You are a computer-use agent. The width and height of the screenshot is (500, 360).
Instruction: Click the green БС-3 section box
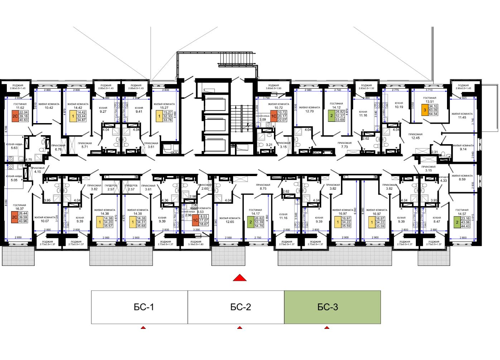(332, 307)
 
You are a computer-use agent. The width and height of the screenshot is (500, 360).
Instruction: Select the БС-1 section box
(139, 307)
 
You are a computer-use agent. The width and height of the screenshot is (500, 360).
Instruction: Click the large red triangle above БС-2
(240, 278)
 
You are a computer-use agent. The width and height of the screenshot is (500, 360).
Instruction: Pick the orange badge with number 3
(424, 110)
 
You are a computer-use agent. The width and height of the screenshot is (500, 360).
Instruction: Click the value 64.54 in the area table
(433, 114)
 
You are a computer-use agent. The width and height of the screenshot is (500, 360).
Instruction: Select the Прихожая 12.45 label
(415, 136)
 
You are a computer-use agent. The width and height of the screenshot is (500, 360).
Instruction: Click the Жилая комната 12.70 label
(309, 109)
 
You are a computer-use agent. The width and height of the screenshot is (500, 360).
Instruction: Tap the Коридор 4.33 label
(443, 179)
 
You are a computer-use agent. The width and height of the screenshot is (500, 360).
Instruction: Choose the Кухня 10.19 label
(399, 105)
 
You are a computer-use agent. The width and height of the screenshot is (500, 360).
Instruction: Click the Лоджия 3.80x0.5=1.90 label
(273, 87)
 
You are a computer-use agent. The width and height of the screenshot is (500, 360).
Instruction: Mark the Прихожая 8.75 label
(263, 186)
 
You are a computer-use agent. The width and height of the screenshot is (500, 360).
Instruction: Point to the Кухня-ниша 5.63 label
(14, 146)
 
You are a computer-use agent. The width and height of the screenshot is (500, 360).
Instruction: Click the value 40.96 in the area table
(23, 221)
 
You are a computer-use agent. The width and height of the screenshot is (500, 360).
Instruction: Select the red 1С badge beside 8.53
(196, 220)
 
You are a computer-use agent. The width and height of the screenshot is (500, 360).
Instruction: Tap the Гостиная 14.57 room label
(462, 212)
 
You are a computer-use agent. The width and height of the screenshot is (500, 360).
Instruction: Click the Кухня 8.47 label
(437, 219)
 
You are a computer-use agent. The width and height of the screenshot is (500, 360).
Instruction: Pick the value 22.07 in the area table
(282, 120)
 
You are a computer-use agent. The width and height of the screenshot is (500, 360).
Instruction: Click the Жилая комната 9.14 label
(463, 147)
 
